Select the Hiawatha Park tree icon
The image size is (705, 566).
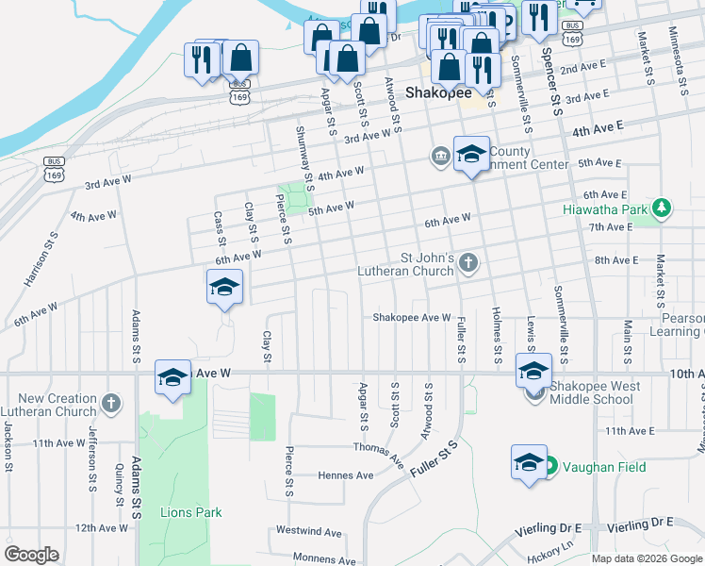pos(663,208)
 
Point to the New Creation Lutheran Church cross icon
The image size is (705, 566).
pos(111,405)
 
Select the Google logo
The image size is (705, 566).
pos(31,554)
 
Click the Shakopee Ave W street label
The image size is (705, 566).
pos(412,318)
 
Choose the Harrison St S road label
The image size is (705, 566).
pos(41,261)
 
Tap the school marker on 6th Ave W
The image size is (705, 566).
pos(225,287)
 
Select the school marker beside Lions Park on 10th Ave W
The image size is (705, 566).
pos(173,377)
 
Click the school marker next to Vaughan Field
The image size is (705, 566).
pos(529,462)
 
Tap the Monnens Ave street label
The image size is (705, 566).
pos(319,558)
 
